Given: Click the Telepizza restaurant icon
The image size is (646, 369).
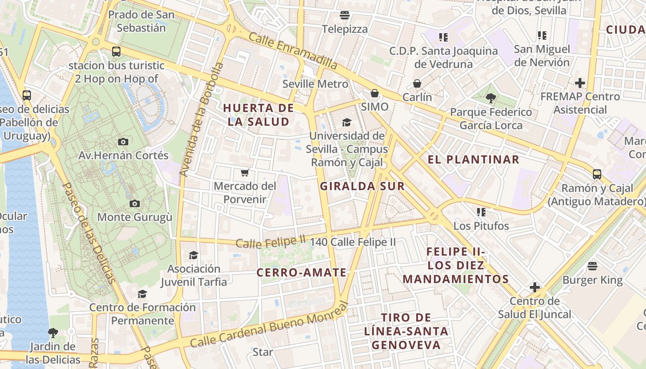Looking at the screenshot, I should [x=344, y=15].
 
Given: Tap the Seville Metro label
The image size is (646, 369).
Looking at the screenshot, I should [x=315, y=84].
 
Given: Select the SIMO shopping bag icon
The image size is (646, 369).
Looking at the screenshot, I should [x=375, y=94].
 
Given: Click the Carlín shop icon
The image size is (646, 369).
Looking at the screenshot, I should [x=417, y=83].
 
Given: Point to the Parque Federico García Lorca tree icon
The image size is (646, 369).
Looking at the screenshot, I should [x=490, y=98].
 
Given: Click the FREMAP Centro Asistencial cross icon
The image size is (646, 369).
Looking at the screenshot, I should [x=580, y=83].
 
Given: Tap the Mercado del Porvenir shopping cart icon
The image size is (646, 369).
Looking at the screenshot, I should [x=245, y=173].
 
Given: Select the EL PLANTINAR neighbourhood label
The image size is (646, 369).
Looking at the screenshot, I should [x=473, y=160].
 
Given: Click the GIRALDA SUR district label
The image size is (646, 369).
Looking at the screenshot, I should [x=362, y=186].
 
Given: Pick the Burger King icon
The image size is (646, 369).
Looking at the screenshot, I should [x=592, y=266].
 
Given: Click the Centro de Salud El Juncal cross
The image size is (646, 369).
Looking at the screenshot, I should [x=535, y=288].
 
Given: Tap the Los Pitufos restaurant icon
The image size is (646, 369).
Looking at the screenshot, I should [x=481, y=212].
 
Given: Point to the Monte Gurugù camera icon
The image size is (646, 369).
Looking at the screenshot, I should [x=135, y=203].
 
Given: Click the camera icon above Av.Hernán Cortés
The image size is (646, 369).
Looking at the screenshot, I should [x=123, y=142].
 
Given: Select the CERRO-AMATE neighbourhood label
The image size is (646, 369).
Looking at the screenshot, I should [x=301, y=272].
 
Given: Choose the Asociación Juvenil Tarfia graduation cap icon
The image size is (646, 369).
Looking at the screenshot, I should [x=194, y=255].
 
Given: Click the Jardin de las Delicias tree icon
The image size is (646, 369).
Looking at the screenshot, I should [x=53, y=333].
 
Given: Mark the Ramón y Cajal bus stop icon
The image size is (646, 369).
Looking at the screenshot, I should [x=597, y=174].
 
